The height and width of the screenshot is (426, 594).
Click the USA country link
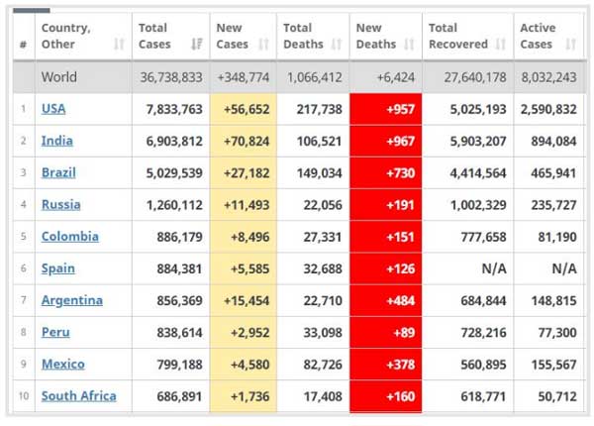(x=53, y=109)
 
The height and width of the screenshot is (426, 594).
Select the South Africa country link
(x=78, y=396)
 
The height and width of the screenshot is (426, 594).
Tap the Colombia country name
(x=69, y=237)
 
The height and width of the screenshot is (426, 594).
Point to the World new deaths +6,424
(x=393, y=77)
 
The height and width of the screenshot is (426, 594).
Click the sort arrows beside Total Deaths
(x=337, y=45)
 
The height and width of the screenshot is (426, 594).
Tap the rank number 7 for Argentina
(x=23, y=300)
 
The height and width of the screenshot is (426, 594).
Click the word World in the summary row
(x=59, y=77)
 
